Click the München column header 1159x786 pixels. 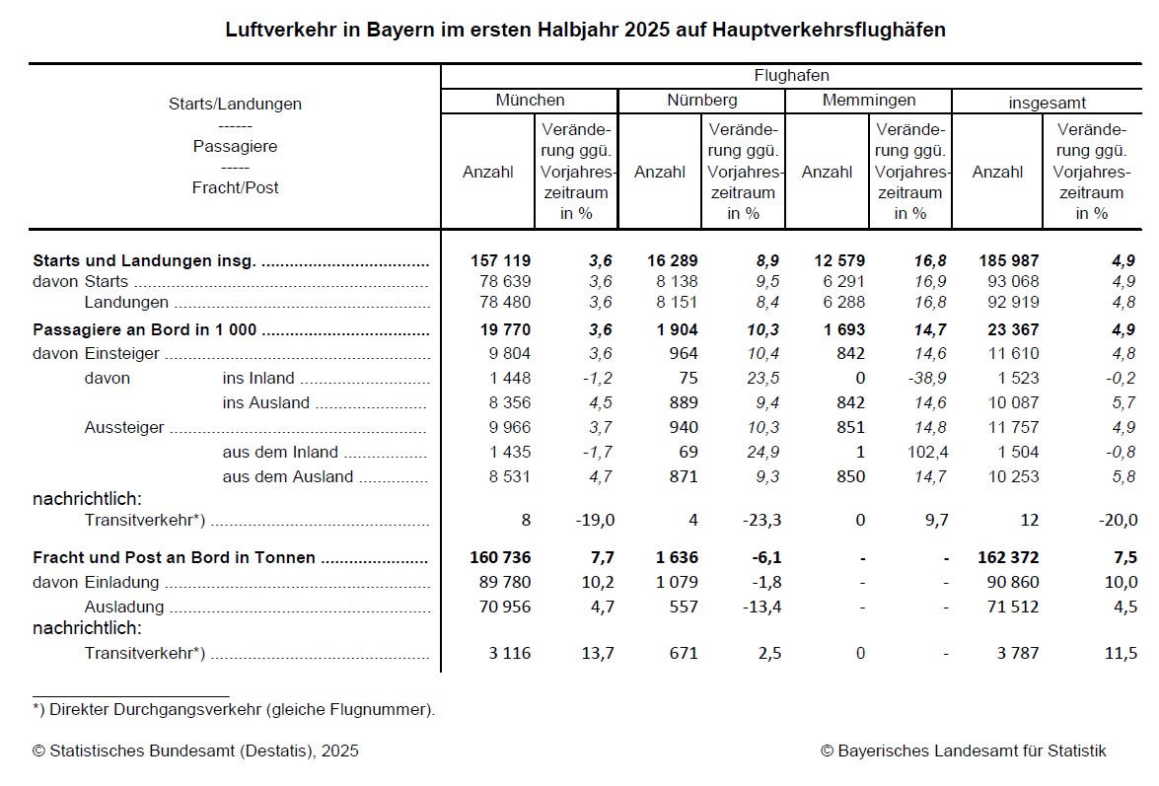tap(530, 101)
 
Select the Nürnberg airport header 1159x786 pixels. tap(701, 101)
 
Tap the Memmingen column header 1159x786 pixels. tap(868, 101)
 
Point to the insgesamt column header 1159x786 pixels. tap(1047, 102)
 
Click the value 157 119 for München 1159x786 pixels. tap(501, 261)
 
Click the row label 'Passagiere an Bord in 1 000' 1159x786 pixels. tap(145, 330)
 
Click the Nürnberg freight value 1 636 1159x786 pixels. tap(676, 557)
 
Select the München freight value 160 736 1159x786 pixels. tap(501, 557)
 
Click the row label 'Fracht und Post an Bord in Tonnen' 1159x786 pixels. tap(175, 557)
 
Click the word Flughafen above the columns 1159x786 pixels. tap(791, 76)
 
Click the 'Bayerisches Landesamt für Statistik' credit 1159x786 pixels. tap(963, 751)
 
